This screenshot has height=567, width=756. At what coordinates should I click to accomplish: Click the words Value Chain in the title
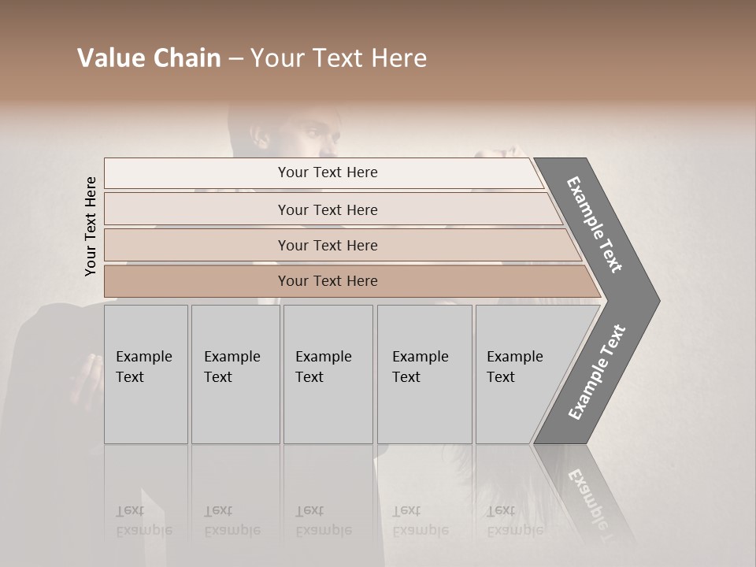click(149, 58)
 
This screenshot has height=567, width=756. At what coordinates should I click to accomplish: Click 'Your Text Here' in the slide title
click(339, 58)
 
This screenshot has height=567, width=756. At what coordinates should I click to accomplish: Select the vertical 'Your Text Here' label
click(91, 227)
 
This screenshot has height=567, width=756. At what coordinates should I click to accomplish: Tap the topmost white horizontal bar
click(327, 172)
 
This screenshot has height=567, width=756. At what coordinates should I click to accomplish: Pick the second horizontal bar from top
click(327, 209)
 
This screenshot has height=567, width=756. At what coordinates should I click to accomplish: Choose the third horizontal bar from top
click(327, 245)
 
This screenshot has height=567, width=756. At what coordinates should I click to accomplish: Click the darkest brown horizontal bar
click(327, 281)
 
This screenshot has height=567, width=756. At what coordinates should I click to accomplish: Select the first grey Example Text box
click(146, 374)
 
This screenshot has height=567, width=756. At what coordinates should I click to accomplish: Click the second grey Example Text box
click(235, 374)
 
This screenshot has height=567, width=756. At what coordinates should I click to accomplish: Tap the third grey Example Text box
click(328, 374)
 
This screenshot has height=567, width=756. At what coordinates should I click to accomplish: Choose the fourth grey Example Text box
click(424, 374)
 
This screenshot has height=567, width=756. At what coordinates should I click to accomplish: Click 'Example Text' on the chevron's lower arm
click(597, 372)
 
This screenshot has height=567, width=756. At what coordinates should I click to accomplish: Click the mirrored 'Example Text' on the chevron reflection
click(591, 496)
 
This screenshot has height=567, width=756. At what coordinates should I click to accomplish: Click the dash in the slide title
click(235, 59)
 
